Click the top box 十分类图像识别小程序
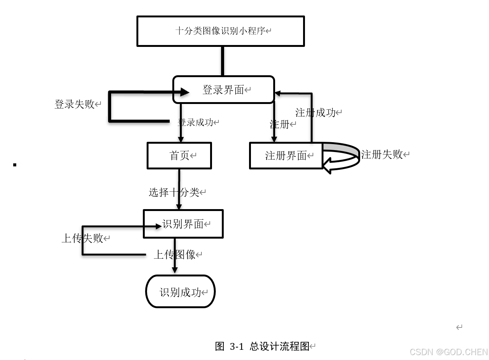point(220,31)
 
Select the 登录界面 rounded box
point(223,90)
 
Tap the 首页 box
point(179,155)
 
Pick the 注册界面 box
point(286,155)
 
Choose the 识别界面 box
point(183,224)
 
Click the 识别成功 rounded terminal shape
point(180,292)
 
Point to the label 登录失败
point(74,104)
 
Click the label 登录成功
point(196,122)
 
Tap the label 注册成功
point(315,112)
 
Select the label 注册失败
point(382,154)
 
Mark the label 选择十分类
point(174,192)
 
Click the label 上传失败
point(82,238)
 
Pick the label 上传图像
point(174,254)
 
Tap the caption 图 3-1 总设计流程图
point(262,346)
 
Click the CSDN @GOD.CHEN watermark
point(449,352)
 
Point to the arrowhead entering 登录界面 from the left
point(185,92)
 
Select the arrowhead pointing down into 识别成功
point(175,270)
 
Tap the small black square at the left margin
point(15,164)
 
